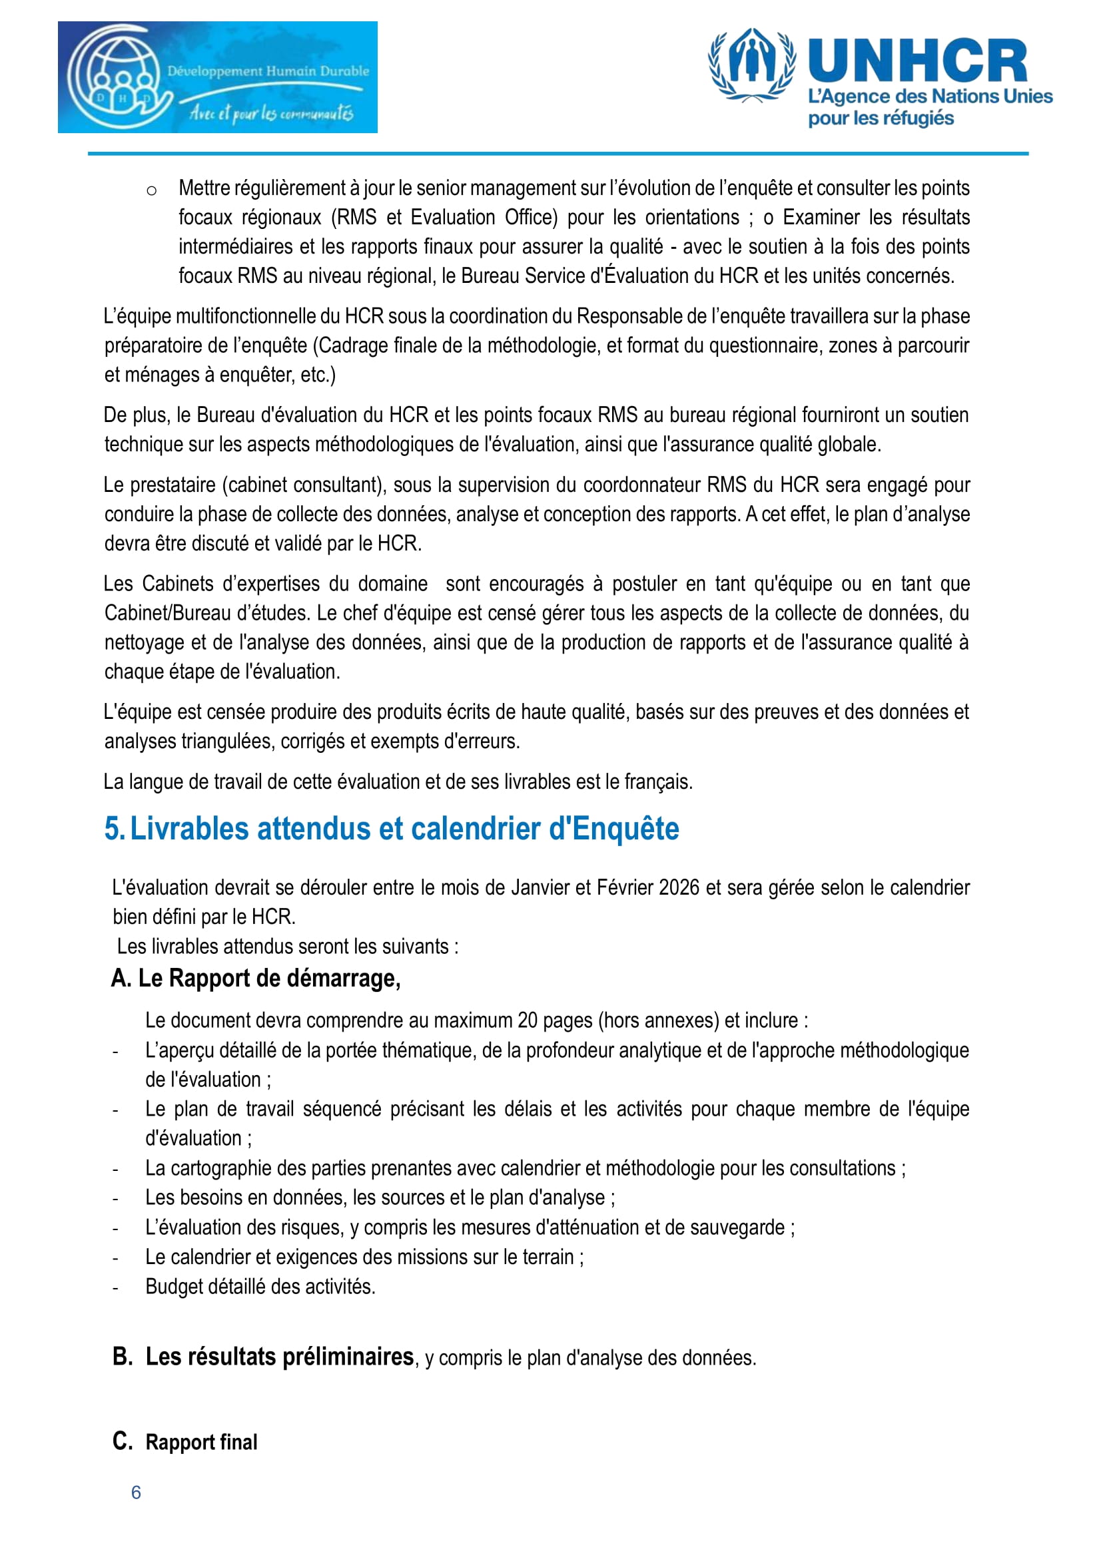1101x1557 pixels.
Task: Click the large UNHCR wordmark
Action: point(917,62)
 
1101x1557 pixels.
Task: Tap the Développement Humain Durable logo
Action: point(217,77)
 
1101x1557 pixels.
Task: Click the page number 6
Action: point(136,1492)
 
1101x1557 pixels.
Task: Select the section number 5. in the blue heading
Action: point(114,829)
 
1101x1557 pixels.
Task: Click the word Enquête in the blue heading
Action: point(625,829)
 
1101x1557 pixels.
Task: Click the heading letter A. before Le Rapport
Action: point(121,978)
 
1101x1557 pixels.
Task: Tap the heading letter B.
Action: point(122,1356)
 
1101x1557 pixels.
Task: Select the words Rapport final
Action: point(201,1442)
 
